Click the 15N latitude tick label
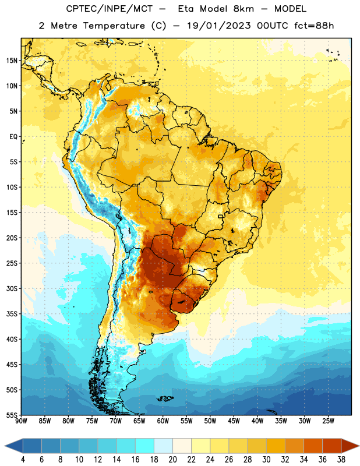[x=12, y=61]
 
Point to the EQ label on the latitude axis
[x=13, y=137]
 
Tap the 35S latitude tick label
[x=12, y=314]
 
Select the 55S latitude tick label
[x=12, y=415]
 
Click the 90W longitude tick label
[x=21, y=421]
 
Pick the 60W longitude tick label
[x=163, y=421]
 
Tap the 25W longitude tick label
[x=328, y=421]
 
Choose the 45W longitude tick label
[x=234, y=421]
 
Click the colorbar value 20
[x=172, y=460]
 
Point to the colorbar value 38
[x=341, y=460]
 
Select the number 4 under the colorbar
[x=23, y=460]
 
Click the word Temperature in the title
[x=114, y=26]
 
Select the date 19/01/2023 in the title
[x=219, y=26]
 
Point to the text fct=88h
[x=314, y=26]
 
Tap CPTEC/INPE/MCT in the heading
[x=110, y=9]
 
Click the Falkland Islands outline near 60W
[x=165, y=398]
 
